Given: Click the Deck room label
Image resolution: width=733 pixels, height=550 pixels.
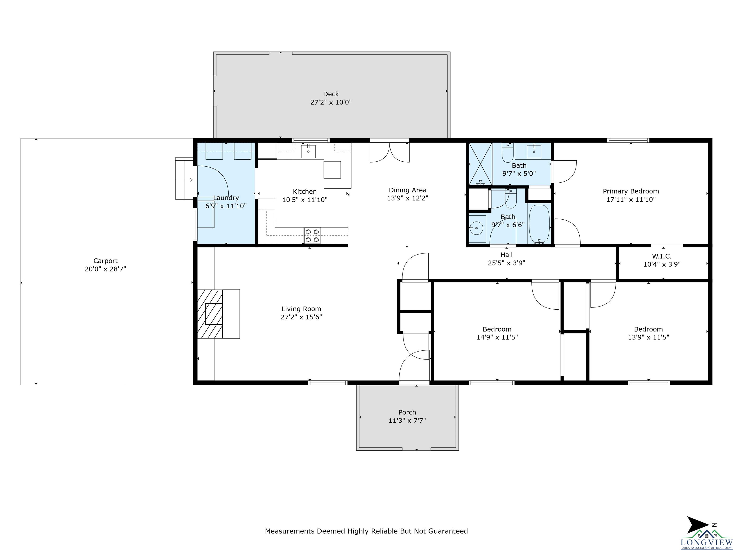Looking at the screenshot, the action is point(331,94).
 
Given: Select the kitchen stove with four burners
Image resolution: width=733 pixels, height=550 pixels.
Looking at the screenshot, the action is point(312,236).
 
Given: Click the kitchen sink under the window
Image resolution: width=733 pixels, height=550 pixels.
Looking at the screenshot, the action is point(308,152).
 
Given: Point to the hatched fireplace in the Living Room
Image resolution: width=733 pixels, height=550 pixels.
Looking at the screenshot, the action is point(210,314).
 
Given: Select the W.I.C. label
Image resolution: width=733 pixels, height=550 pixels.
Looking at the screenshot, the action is point(661,256).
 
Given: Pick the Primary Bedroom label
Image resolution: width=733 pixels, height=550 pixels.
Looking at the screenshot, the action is point(631,191).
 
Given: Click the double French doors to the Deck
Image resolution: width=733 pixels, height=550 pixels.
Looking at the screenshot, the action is point(390,152).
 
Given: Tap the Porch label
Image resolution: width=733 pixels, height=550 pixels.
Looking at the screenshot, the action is point(407,412).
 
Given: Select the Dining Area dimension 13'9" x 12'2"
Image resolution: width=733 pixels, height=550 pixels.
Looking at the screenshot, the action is point(407,198).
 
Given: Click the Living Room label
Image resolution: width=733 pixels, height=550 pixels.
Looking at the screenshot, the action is point(301,309).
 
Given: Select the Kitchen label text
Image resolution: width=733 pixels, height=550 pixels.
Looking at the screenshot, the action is point(304,192).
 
